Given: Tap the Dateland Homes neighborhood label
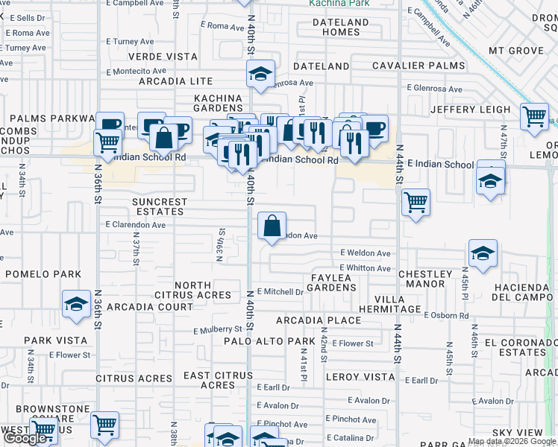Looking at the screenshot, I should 341,27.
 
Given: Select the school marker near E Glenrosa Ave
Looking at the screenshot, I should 260,74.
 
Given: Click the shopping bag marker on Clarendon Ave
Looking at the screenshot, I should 272,225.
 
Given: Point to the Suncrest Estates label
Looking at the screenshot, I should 160,206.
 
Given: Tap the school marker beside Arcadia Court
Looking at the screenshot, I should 75,305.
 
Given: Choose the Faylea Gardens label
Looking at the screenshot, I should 330,282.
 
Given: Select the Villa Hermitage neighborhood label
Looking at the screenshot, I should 389,302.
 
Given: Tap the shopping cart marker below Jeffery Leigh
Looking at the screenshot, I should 534,117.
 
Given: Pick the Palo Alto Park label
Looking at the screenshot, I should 269,341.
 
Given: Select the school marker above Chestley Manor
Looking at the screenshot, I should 483,255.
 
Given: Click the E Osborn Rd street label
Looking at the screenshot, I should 446,314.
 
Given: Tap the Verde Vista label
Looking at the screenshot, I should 163,57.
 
